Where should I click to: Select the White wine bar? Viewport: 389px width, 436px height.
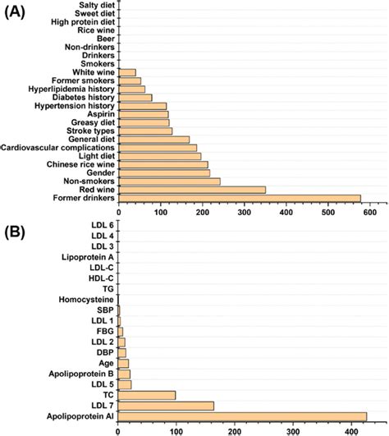(127, 72)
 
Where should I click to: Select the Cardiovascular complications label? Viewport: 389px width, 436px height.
(59, 148)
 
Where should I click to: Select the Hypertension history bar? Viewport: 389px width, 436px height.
(143, 106)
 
